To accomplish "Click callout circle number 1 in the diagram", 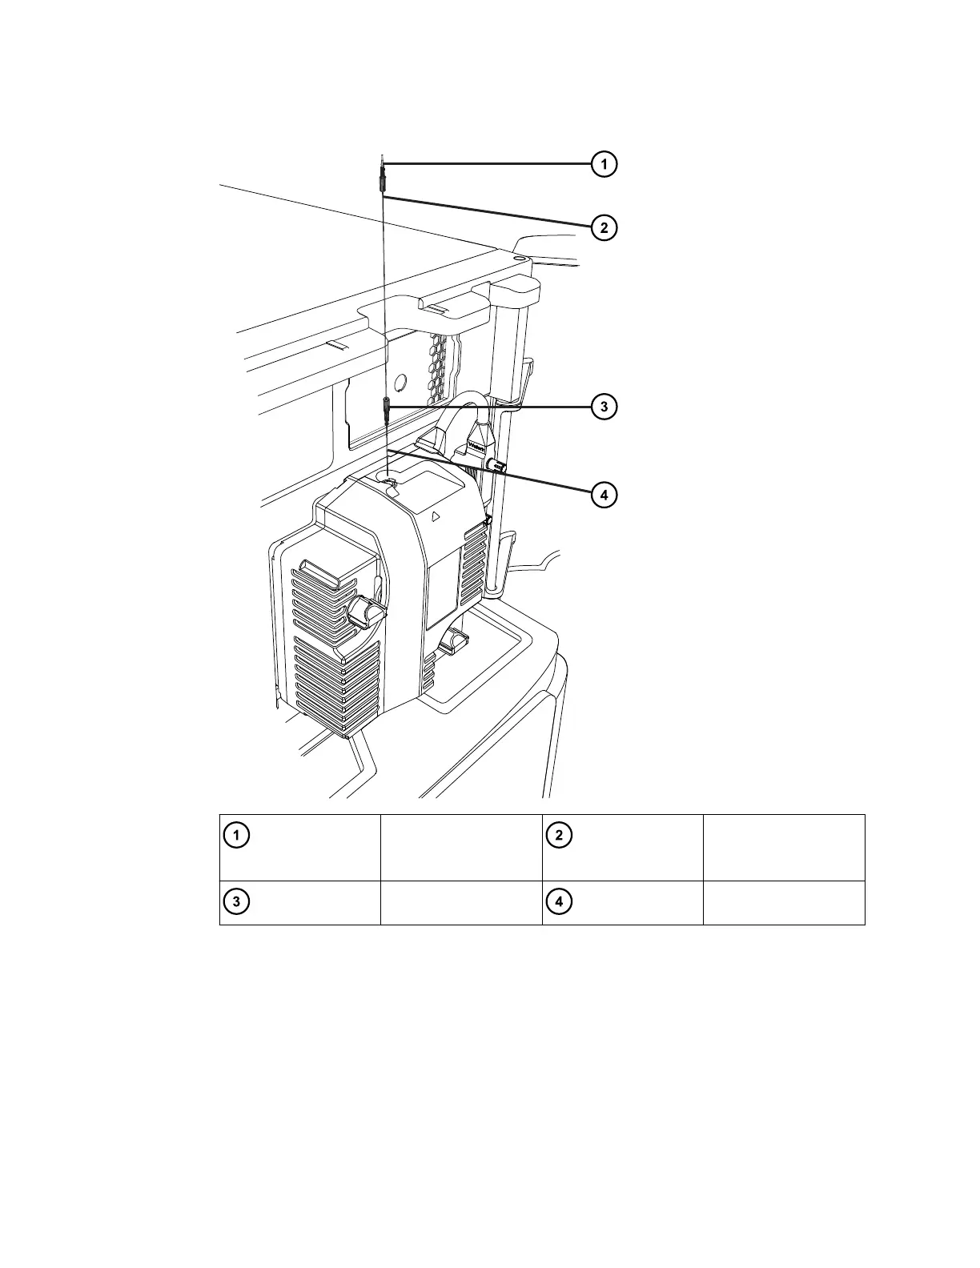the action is [x=604, y=164].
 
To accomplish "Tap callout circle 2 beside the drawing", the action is [x=604, y=227].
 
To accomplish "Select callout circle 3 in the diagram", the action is [x=604, y=407].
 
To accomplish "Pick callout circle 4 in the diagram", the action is [x=604, y=495].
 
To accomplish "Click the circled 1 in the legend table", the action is [x=235, y=835].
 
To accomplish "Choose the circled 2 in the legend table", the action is [x=559, y=835].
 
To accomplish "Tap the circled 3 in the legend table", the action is [x=235, y=901].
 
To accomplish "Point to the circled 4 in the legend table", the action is [x=559, y=901].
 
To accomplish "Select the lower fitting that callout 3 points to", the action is [x=387, y=411].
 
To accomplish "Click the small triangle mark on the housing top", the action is [x=435, y=516].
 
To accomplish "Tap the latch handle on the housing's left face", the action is [x=369, y=612].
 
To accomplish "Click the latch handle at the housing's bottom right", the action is [x=454, y=639].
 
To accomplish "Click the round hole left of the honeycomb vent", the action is [x=401, y=383].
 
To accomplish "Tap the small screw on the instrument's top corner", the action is [x=519, y=259].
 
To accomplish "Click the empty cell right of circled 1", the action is [x=461, y=847].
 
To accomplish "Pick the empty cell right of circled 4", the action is [x=784, y=903].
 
